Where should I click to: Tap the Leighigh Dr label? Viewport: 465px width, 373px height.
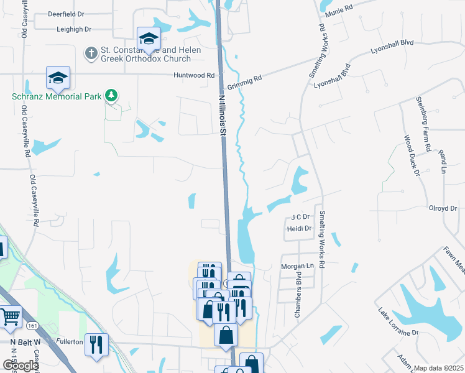74,29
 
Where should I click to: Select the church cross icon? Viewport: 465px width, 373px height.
91,53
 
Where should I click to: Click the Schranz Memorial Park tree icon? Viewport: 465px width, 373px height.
111,95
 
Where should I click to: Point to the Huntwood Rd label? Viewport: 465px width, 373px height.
194,75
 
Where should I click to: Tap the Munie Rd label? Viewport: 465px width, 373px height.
339,6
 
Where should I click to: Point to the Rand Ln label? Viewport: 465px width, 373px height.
443,161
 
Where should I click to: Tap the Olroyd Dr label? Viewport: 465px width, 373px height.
442,209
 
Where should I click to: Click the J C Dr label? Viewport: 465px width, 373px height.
300,217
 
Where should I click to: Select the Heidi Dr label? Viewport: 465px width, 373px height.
299,229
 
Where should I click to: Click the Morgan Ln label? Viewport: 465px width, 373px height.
298,265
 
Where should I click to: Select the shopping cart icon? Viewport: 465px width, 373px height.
10,317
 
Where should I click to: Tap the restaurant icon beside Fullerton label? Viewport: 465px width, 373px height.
96,344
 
